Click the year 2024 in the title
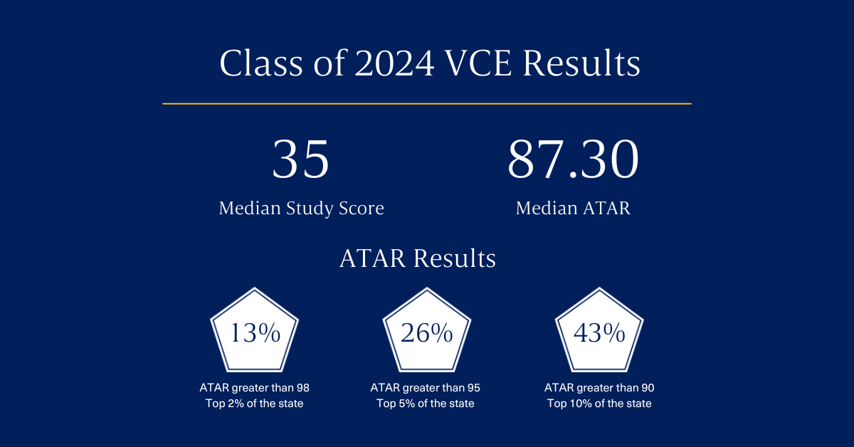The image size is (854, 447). (x=394, y=63)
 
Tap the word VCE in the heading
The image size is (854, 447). (x=478, y=63)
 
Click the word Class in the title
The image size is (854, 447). (x=261, y=63)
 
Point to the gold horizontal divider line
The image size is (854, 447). (x=426, y=103)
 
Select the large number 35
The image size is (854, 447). (x=300, y=159)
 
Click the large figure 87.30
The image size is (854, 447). (x=573, y=159)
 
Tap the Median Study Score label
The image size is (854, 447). (x=301, y=209)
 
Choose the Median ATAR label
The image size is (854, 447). (x=573, y=209)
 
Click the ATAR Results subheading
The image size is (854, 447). (x=418, y=258)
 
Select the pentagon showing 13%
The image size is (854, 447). (x=254, y=330)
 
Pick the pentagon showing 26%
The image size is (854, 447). (x=426, y=330)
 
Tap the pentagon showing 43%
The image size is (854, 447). (x=599, y=330)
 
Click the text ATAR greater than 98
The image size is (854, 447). (x=254, y=388)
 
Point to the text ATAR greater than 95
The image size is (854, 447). (x=425, y=388)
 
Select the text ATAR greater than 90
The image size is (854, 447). (x=599, y=388)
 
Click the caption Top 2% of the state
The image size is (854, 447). (x=254, y=404)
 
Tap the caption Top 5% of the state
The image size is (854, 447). (x=425, y=404)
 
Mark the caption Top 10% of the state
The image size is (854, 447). (x=599, y=404)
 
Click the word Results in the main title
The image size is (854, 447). (x=581, y=63)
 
